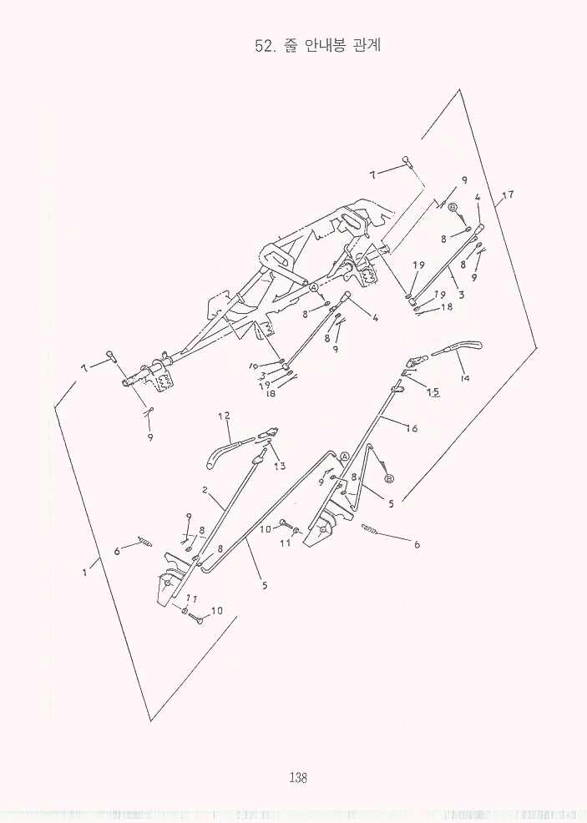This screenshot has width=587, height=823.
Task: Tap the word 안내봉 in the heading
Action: [324, 44]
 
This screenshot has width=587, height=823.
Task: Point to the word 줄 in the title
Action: [290, 44]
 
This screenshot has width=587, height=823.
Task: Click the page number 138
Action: [298, 777]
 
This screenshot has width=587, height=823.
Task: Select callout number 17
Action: [507, 194]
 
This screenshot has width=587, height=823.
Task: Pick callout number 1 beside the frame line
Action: [84, 573]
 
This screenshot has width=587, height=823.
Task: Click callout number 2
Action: [205, 490]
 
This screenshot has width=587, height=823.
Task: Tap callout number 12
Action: [224, 416]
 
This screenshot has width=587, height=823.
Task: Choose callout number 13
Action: [280, 465]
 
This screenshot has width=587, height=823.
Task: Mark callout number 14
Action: [464, 377]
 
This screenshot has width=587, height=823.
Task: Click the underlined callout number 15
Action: [433, 391]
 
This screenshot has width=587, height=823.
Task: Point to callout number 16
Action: [412, 428]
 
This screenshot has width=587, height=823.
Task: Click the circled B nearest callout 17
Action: [453, 206]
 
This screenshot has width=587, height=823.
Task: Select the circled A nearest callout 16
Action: [345, 456]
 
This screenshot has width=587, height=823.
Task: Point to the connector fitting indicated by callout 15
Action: [415, 362]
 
